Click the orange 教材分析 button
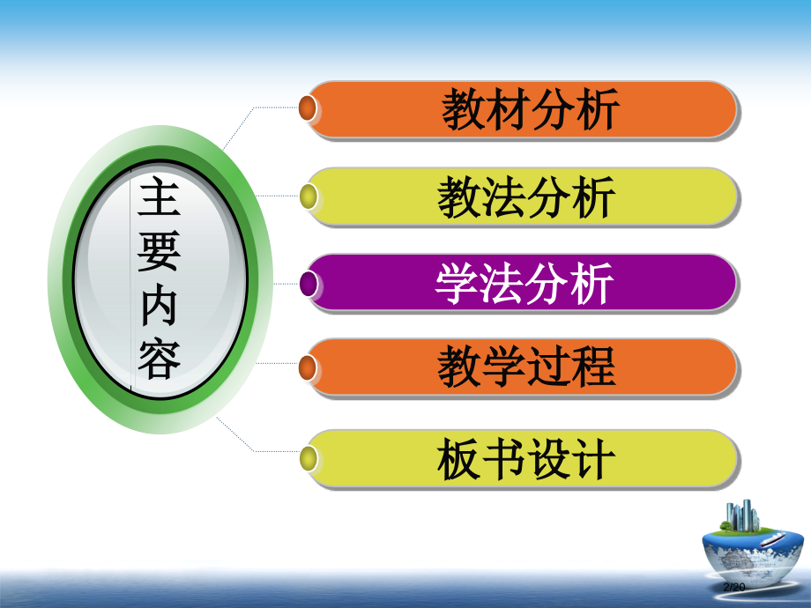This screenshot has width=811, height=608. coord(529,110)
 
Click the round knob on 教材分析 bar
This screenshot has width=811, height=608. coord(308,108)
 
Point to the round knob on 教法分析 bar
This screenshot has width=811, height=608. coord(308,196)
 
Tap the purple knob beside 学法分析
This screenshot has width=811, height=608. coord(308,282)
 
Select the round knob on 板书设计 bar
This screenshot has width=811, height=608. coord(308,457)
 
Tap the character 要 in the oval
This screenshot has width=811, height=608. coord(160,253)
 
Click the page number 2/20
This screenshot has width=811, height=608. coord(734,587)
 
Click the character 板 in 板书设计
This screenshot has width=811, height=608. coord(459,459)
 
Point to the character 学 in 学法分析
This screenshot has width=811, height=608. coord(458,283)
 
